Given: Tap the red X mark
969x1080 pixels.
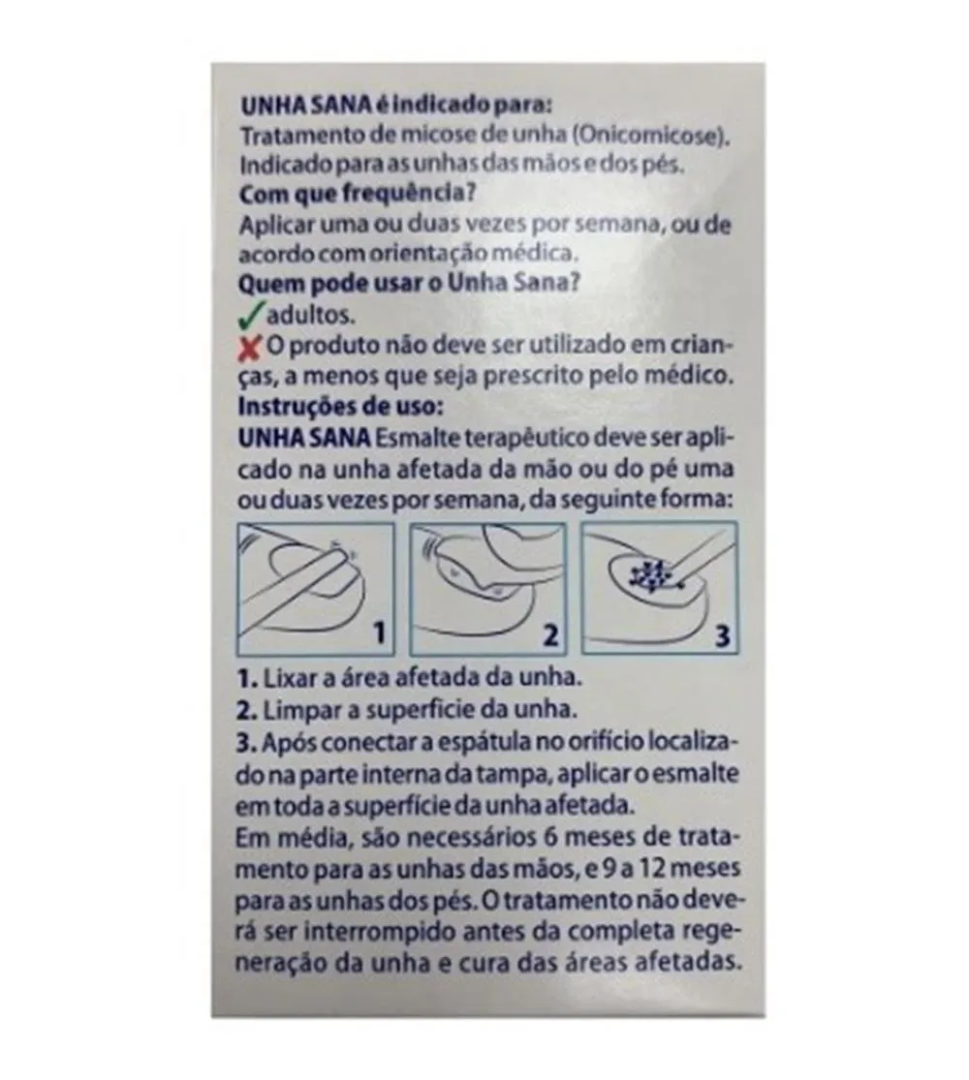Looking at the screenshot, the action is point(249,349).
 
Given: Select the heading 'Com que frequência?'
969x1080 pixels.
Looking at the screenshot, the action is point(357,195).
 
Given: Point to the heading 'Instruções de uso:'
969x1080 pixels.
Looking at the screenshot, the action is point(338,406).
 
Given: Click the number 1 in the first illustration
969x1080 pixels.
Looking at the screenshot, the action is point(378,633).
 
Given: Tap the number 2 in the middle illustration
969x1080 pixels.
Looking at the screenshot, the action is point(550,634).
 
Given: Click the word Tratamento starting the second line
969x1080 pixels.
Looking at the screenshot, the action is point(302,136).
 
